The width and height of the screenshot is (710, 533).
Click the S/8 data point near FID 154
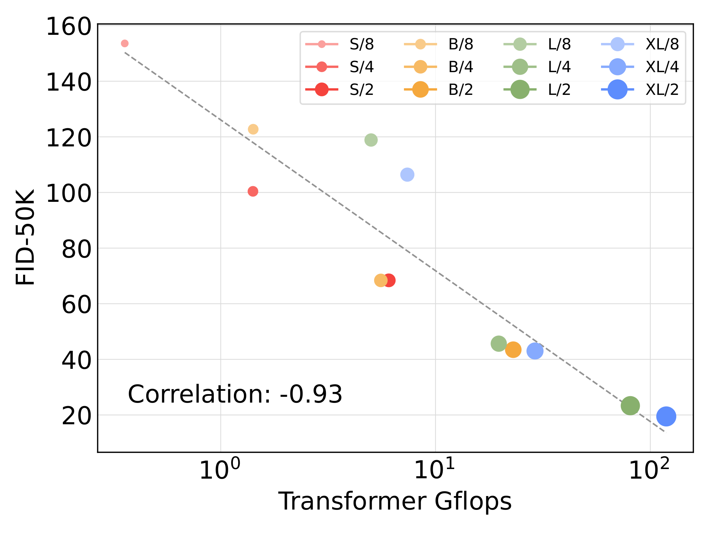click(125, 43)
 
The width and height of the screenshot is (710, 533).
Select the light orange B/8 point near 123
click(253, 129)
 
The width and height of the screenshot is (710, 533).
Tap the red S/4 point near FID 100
click(253, 192)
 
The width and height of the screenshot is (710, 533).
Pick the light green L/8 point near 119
click(371, 140)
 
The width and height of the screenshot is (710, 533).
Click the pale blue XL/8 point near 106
click(407, 174)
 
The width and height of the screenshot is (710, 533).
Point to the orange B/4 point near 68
click(381, 280)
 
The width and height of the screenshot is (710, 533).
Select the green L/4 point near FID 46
click(499, 344)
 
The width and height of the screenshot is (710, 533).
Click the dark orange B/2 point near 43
click(513, 350)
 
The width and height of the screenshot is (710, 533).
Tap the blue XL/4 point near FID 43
click(535, 351)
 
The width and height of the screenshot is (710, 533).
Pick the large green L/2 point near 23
click(630, 405)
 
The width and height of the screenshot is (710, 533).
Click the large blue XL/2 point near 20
click(666, 416)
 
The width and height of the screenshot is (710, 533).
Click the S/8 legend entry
click(341, 44)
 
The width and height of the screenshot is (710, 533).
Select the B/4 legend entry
click(440, 67)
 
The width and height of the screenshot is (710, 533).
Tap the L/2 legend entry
click(540, 90)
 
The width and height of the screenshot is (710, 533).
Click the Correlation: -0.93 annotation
click(235, 394)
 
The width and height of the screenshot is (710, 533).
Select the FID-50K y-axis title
click(26, 237)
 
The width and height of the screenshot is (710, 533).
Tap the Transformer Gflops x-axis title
click(395, 501)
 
